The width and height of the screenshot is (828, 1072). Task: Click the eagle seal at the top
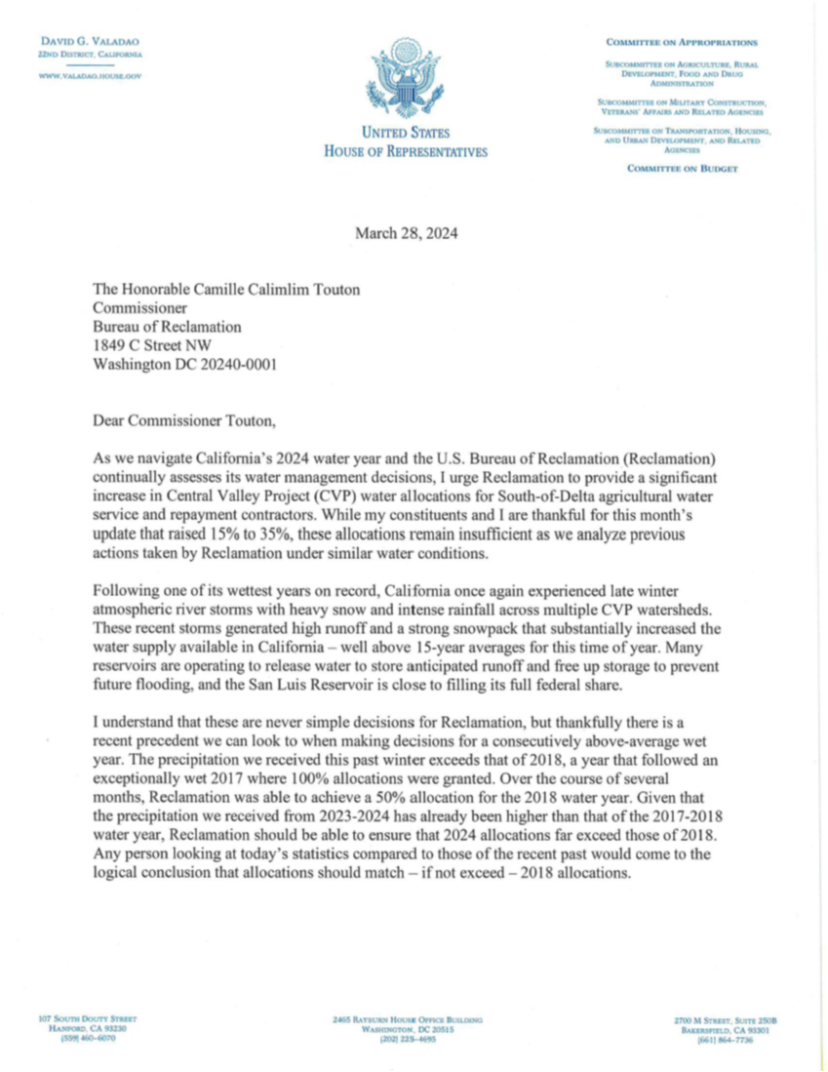coord(406,78)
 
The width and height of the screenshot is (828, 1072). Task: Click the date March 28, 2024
coord(406,233)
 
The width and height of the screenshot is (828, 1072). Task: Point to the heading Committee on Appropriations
coord(681,43)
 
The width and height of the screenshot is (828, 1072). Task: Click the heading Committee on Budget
coord(682,169)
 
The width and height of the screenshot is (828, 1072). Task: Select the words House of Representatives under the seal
coord(406,151)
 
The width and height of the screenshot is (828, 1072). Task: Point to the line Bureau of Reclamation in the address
coord(167,327)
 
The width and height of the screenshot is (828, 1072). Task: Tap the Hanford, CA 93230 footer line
coord(81,1028)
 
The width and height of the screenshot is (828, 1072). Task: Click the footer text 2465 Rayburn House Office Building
coord(407,1019)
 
